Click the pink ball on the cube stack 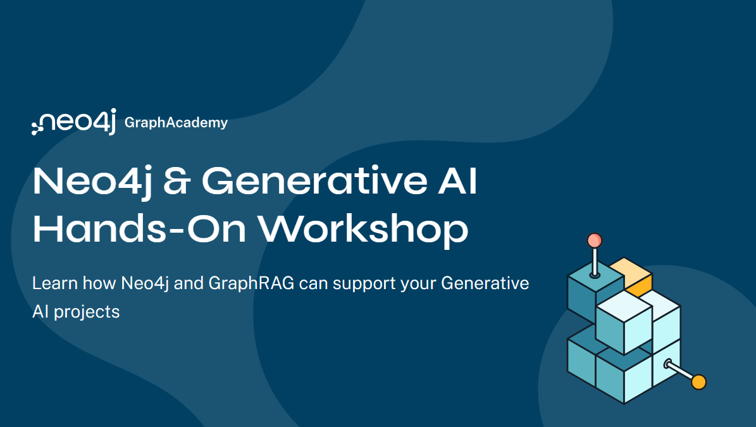[x=594, y=240]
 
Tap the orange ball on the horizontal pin [x=698, y=382]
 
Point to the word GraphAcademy [x=176, y=123]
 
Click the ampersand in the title [x=178, y=182]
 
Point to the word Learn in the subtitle [x=53, y=283]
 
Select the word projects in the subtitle [x=87, y=312]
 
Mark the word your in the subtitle [x=418, y=284]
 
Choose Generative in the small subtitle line [x=485, y=283]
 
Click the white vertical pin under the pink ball [x=594, y=261]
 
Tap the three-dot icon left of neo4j [x=37, y=126]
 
